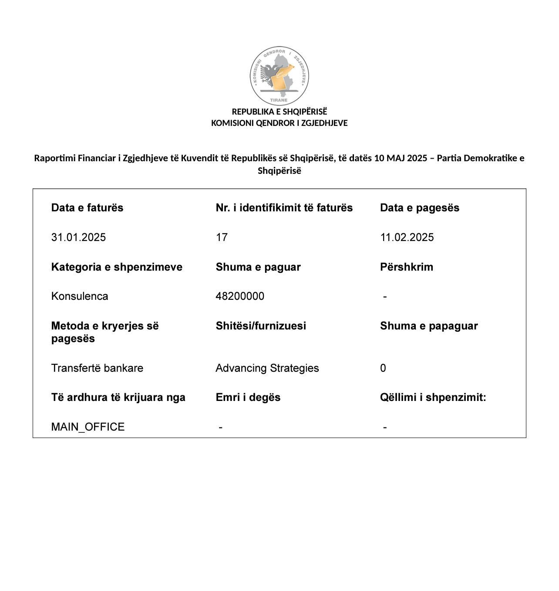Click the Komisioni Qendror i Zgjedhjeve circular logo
coord(279,76)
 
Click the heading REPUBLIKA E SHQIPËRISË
coord(279,112)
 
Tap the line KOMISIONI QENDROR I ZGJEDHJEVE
coord(279,123)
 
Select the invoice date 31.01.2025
coord(78,238)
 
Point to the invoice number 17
coord(222,238)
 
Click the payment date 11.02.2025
coord(407,238)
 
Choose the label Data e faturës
coord(87,208)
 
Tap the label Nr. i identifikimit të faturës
coord(284,208)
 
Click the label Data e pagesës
coord(419,208)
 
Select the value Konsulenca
coord(80,296)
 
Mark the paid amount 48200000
coord(240,296)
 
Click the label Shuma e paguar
coord(258,267)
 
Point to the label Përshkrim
coord(406,267)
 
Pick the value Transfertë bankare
coord(97,368)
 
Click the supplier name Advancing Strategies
coord(267,368)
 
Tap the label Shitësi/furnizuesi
coord(260,326)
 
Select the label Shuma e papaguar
coord(428,326)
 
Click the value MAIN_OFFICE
coord(88,427)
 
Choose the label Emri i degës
coord(248,397)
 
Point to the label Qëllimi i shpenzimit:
coord(433,397)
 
